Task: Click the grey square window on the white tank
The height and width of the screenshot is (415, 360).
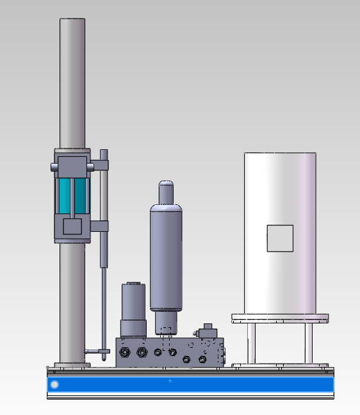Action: click(280, 238)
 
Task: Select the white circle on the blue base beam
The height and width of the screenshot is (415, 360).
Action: click(54, 384)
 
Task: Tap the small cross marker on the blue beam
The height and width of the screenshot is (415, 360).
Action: click(170, 381)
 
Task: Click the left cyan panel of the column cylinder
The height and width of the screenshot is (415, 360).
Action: click(65, 195)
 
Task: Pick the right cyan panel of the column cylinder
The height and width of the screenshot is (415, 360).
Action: click(81, 195)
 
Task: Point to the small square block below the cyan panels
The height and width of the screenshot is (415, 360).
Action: click(72, 226)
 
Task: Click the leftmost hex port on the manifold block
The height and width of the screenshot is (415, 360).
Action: click(124, 352)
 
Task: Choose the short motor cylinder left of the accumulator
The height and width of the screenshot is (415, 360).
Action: click(134, 309)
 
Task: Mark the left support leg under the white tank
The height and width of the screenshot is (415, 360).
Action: click(251, 343)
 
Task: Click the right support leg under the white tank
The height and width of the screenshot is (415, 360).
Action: click(309, 343)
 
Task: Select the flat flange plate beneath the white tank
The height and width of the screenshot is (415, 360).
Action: click(280, 318)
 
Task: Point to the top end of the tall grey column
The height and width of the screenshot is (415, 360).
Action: click(72, 22)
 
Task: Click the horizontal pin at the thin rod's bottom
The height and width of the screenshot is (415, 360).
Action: click(94, 351)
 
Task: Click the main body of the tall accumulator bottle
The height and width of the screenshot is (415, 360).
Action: click(166, 256)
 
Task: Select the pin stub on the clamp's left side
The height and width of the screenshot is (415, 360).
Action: click(54, 167)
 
